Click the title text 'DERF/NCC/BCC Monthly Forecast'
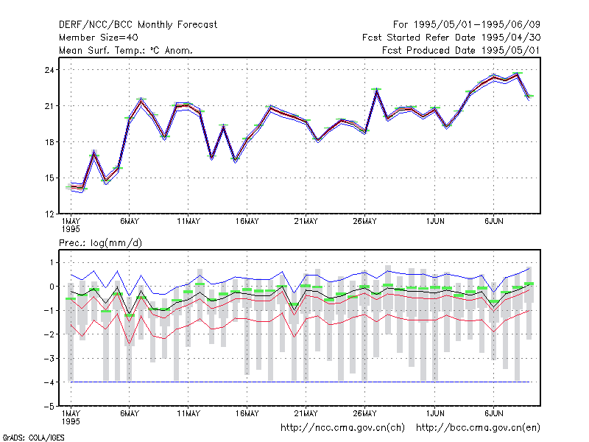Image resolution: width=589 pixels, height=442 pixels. click(138, 25)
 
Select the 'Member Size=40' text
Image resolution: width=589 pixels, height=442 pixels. click(99, 38)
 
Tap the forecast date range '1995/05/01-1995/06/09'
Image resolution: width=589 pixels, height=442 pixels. click(476, 25)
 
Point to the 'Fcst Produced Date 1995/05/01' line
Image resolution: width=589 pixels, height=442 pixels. click(461, 50)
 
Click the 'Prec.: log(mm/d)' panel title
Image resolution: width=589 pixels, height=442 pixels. click(100, 243)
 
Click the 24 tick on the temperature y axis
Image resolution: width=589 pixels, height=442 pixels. click(49, 70)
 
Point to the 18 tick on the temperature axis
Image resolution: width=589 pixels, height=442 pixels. click(49, 142)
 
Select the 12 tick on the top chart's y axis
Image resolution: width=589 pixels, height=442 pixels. click(49, 214)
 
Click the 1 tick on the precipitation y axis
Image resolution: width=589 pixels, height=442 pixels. click(52, 262)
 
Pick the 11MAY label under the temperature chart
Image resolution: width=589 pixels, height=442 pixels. click(188, 222)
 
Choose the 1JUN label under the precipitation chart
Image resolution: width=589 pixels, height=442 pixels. click(435, 413)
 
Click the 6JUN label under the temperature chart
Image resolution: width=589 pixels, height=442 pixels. click(493, 222)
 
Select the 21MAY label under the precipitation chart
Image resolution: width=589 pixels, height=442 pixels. click(306, 413)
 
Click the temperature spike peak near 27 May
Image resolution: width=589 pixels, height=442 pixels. click(376, 90)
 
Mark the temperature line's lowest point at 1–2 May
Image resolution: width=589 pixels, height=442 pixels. click(82, 188)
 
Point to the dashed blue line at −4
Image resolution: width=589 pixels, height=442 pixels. click(300, 382)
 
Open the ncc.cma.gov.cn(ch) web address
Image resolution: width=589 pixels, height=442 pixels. click(342, 428)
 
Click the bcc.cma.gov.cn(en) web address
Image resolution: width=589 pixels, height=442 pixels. click(478, 428)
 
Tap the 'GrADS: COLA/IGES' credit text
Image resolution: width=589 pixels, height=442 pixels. click(33, 438)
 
